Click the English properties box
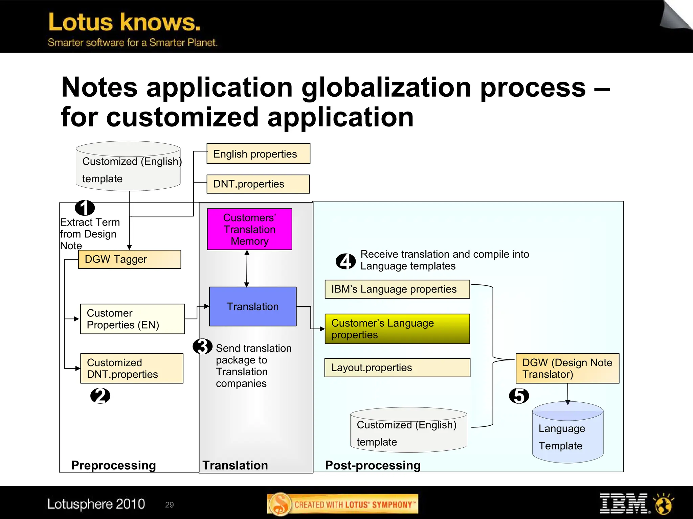(x=258, y=154)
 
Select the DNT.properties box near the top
(x=258, y=184)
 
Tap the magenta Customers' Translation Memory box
(x=249, y=229)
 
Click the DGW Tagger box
(x=129, y=259)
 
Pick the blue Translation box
(x=253, y=306)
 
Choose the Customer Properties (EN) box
(x=132, y=319)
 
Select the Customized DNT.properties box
(x=132, y=368)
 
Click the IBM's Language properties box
(x=397, y=289)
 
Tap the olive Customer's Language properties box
(x=397, y=329)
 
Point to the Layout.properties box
(x=397, y=368)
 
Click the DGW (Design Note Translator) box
(x=567, y=368)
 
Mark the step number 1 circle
(x=85, y=208)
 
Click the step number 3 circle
(x=202, y=346)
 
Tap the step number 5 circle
(x=519, y=396)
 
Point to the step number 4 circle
(x=345, y=261)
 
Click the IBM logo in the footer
(x=623, y=503)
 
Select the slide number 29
(x=169, y=504)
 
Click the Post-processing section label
(x=373, y=465)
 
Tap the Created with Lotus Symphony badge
(x=342, y=504)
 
